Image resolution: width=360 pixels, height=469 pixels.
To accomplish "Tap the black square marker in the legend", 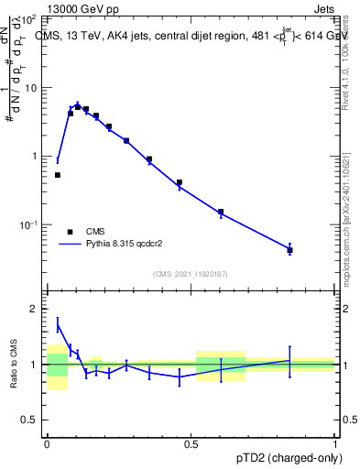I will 69,232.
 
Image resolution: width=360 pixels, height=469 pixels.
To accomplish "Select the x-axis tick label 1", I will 335,442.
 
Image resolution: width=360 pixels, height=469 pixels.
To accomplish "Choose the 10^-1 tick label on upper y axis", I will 29,225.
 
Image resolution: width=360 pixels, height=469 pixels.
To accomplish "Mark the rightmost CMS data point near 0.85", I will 289,249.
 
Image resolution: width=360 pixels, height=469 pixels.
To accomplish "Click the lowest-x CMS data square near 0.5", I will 58,175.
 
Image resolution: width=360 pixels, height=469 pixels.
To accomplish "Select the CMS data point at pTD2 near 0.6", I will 221,212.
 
